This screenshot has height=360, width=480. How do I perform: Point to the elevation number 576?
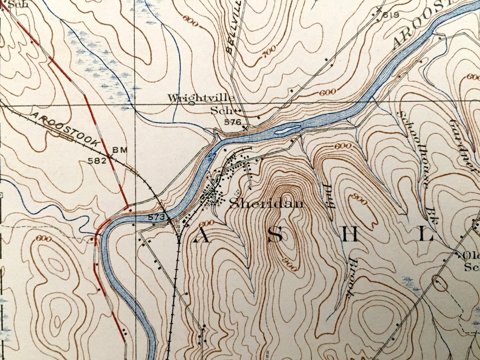click(x=232, y=122)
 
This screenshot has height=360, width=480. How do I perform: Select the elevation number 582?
click(x=97, y=161)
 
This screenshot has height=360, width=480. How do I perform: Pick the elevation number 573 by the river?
click(x=155, y=217)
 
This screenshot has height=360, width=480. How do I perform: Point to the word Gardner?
click(x=462, y=143)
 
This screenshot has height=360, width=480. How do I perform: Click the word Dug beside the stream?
click(x=330, y=197)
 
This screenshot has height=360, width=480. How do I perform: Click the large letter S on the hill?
click(x=275, y=236)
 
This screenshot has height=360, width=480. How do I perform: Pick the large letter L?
click(x=427, y=236)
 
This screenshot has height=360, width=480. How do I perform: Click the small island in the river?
click(x=288, y=128)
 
